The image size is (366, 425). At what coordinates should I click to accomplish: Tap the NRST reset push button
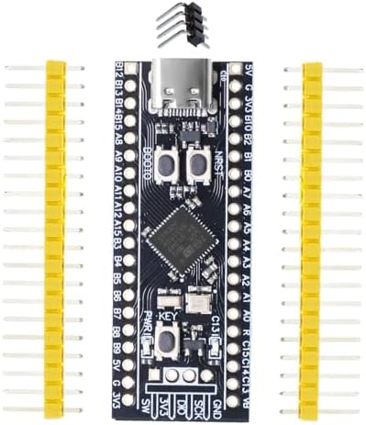pos(196,165)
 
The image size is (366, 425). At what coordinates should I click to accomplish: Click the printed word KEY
pos(168,318)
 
